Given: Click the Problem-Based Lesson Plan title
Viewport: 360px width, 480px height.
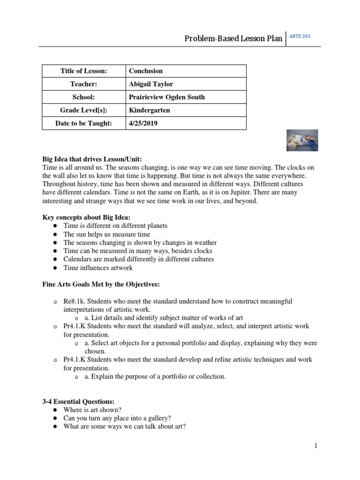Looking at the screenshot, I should point(233,38).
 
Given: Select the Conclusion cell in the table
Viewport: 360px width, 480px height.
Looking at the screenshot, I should point(146,71).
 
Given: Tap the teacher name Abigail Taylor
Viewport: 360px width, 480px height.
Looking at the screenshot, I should point(151,84).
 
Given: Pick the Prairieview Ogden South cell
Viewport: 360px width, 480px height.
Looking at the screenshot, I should point(166,97).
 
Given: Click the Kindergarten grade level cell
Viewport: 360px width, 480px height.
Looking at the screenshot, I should point(149,110).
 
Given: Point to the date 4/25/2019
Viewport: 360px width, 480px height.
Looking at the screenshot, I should point(142,123).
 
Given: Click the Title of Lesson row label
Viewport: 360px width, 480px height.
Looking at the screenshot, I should point(84,71).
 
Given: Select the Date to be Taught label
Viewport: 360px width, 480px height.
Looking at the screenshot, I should point(84,123).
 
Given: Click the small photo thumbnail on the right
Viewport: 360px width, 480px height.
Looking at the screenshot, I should point(302,140).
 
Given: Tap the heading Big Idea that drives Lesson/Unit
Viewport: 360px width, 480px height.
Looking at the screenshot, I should point(92,159).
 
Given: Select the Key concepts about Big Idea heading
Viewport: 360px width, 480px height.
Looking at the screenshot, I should point(86,217).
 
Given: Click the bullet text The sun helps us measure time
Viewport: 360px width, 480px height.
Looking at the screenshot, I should point(107,234).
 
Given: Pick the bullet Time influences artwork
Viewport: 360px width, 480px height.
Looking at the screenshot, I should point(98,268).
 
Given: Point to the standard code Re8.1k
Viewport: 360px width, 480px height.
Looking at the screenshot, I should point(74,300).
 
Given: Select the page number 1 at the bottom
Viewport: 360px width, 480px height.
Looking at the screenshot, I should point(316,446).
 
